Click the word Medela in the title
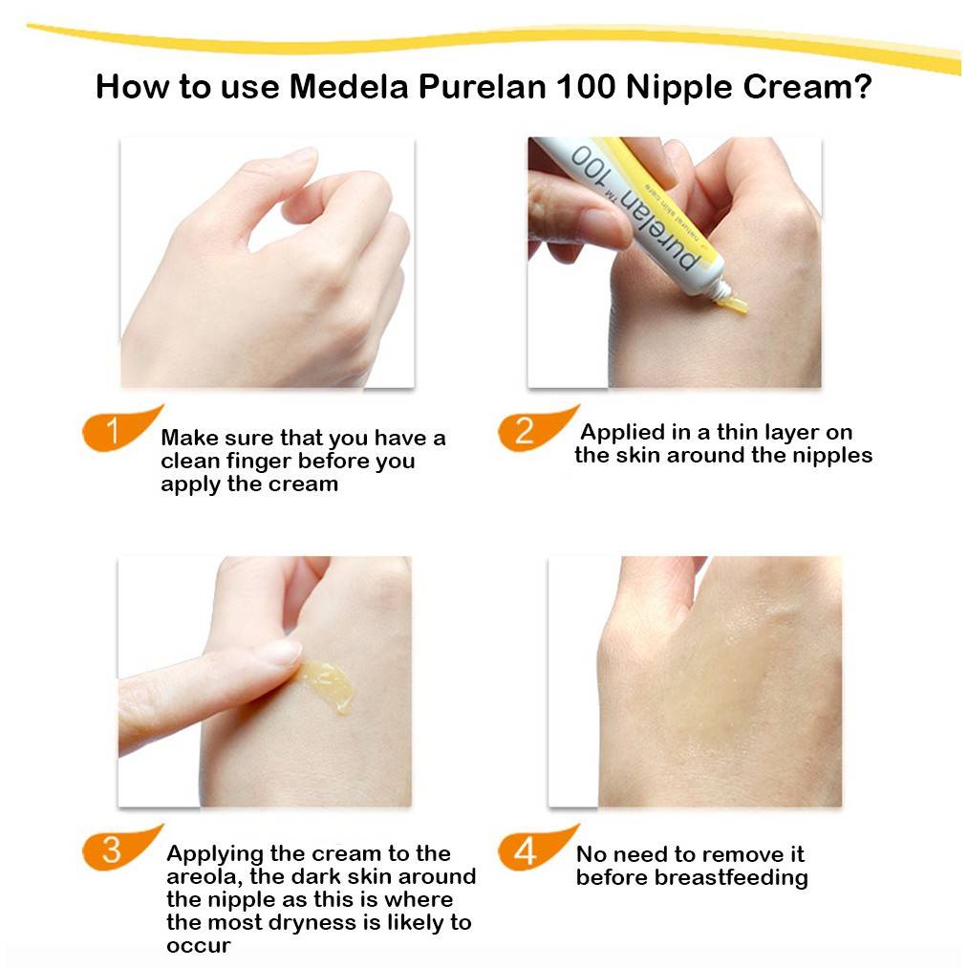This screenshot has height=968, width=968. tap(349, 86)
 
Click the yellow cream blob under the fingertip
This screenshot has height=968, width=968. tap(327, 684)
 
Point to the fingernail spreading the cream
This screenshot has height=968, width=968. tap(284, 652)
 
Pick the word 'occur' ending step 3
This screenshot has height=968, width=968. tap(198, 946)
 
